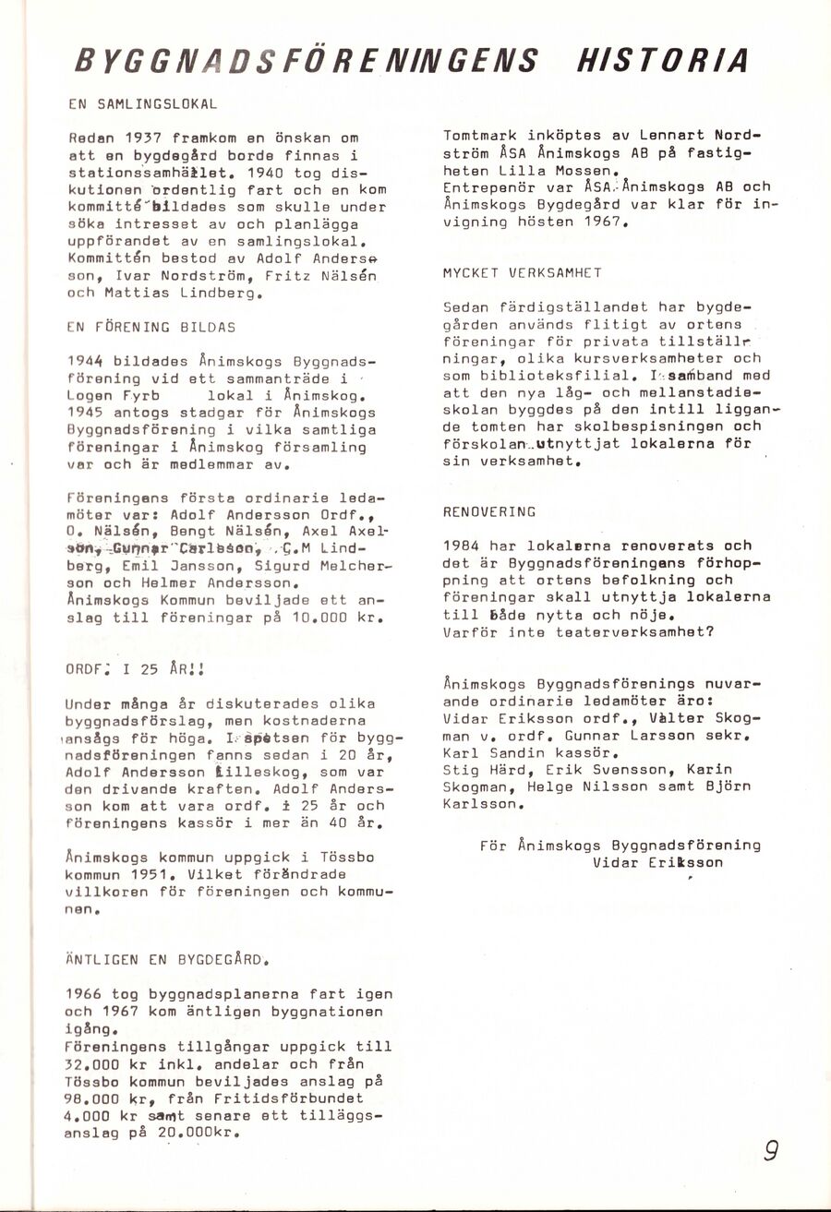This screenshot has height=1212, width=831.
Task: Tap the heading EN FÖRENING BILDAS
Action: (151, 327)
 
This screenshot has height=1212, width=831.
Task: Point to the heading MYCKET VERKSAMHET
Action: (523, 272)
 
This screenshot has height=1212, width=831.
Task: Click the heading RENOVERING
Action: (489, 511)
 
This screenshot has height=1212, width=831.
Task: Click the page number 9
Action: (771, 1153)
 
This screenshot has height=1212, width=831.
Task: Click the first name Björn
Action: (707, 786)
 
